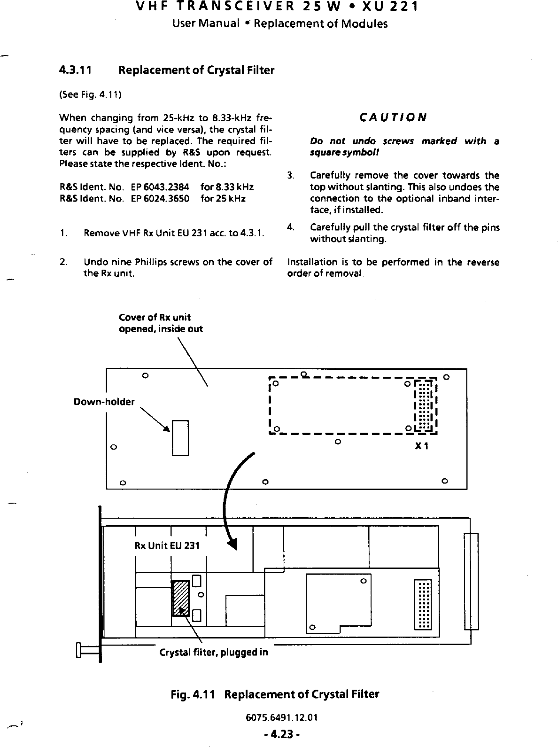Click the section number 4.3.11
75,70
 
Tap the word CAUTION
393,117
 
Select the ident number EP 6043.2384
157,187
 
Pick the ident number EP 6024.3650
157,198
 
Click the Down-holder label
104,402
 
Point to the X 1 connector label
421,446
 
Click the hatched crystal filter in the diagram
181,598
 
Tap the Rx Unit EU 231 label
167,545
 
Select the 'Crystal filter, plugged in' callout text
214,653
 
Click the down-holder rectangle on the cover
180,438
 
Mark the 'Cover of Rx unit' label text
155,317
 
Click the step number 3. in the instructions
291,176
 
